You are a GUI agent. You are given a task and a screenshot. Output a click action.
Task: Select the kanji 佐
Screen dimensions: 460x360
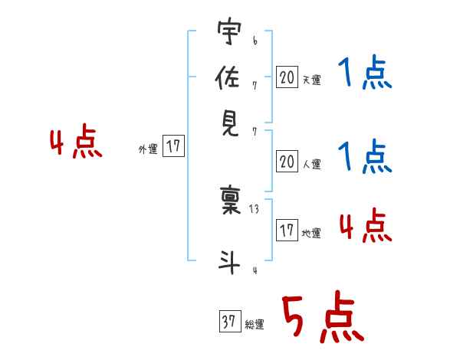(228, 77)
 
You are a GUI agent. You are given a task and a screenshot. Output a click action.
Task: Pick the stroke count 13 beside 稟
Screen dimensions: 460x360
(255, 208)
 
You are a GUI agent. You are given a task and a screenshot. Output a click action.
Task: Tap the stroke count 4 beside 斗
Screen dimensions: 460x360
(254, 269)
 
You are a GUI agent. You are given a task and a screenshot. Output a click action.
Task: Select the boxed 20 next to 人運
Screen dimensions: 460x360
(287, 162)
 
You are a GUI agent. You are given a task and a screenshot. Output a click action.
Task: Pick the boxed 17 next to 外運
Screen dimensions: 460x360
(174, 147)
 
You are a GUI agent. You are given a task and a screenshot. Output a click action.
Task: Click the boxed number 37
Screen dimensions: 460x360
(229, 322)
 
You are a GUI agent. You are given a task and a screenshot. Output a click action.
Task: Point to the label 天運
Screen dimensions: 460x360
(311, 80)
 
